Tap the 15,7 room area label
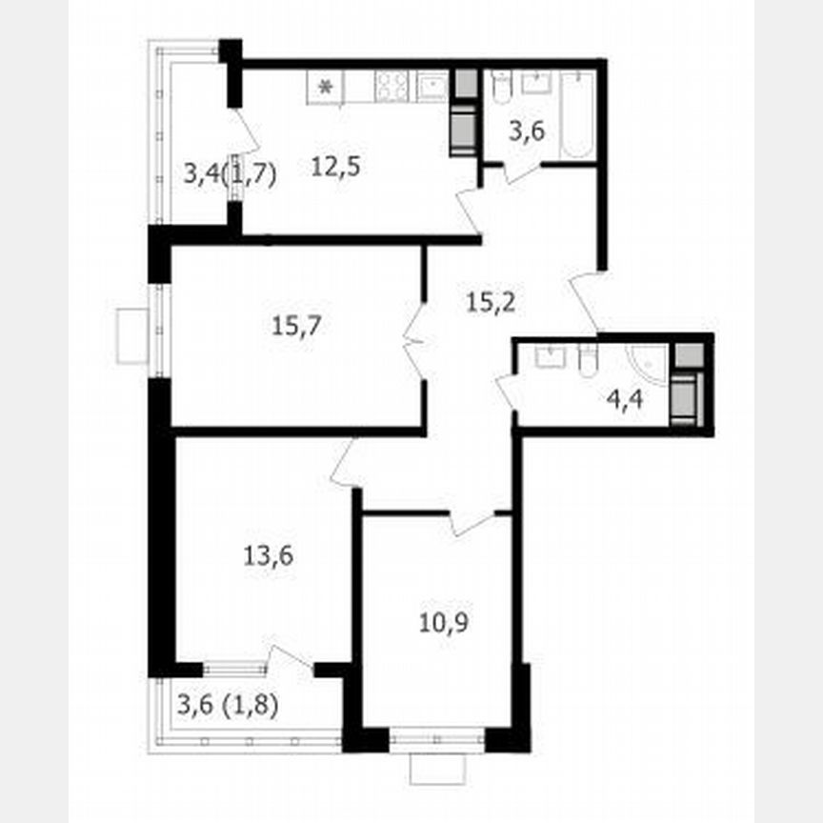point(296,327)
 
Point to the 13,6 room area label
point(268,552)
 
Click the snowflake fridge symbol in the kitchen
point(325,89)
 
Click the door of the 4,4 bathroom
point(506,393)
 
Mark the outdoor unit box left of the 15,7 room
point(132,335)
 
